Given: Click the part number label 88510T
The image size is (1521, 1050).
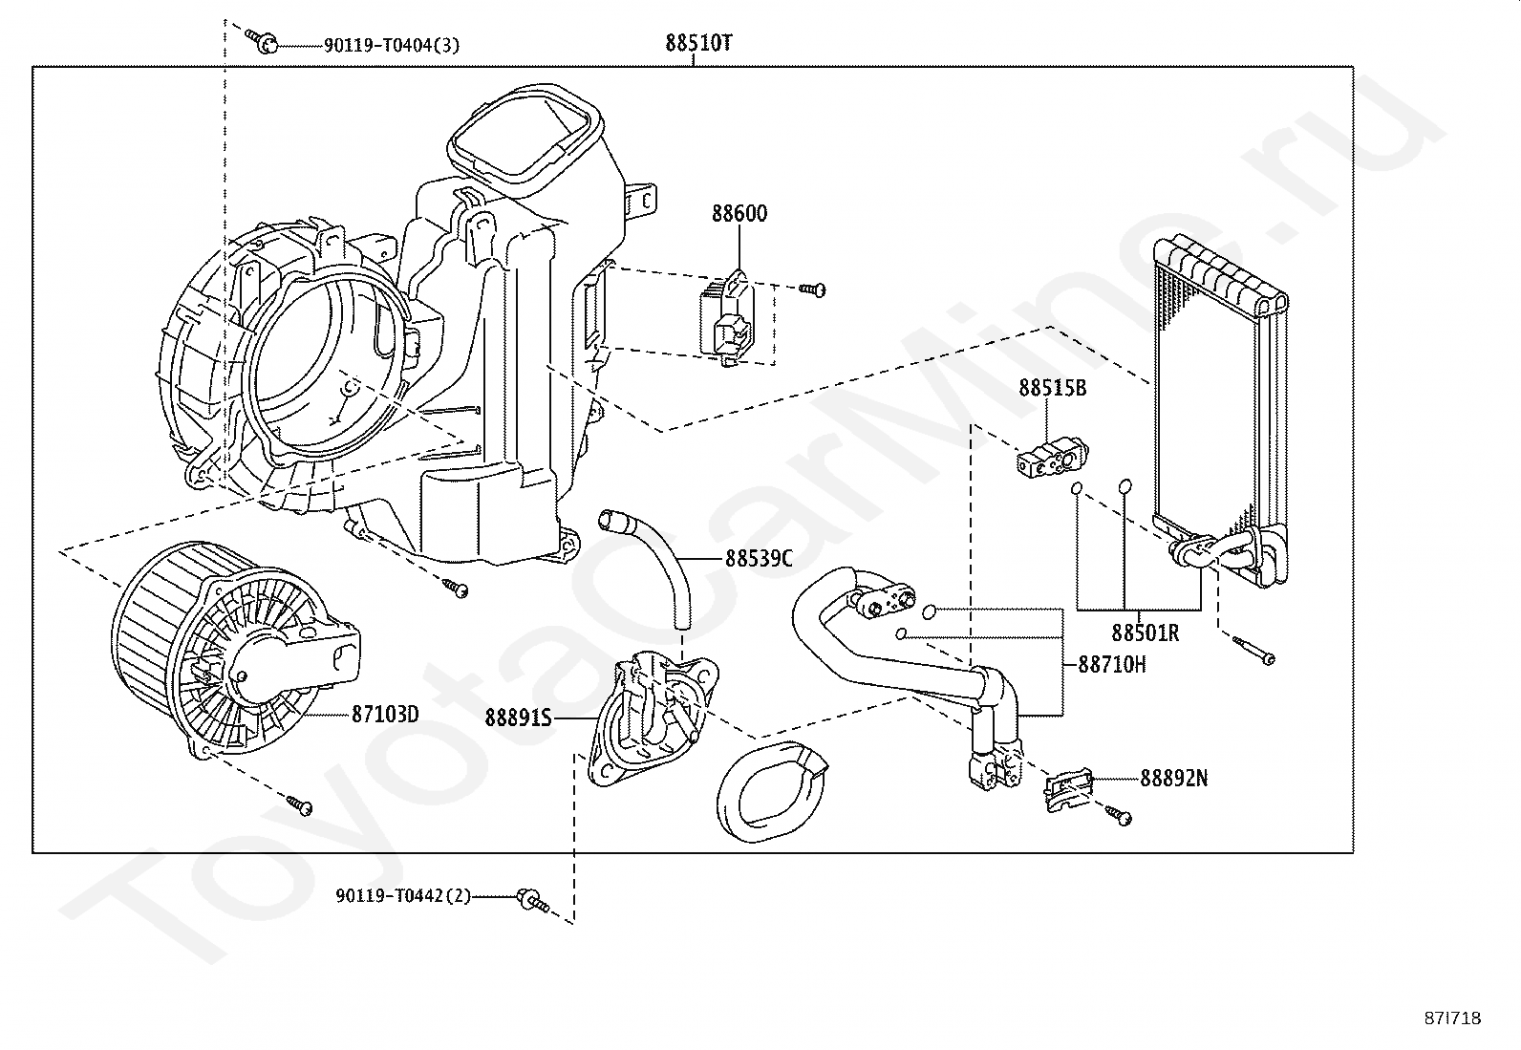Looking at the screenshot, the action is tap(698, 43).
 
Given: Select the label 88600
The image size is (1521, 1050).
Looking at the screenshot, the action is tap(739, 213).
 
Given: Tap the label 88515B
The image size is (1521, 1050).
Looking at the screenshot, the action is tap(1053, 388).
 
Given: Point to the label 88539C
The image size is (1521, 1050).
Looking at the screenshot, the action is tap(760, 558).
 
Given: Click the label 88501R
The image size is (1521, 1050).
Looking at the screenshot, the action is tap(1146, 633).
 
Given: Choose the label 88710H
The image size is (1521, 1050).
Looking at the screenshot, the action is tap(1112, 664).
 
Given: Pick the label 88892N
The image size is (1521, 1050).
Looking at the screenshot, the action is tap(1174, 779).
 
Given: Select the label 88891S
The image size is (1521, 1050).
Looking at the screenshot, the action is tap(519, 718).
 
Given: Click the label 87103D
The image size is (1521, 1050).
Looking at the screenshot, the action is tap(385, 715).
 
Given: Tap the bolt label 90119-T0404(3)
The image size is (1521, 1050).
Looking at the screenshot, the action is tap(392, 46).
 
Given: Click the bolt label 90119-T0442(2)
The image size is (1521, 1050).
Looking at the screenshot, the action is tap(403, 896).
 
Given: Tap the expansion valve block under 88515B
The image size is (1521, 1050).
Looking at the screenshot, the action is tap(1053, 457).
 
